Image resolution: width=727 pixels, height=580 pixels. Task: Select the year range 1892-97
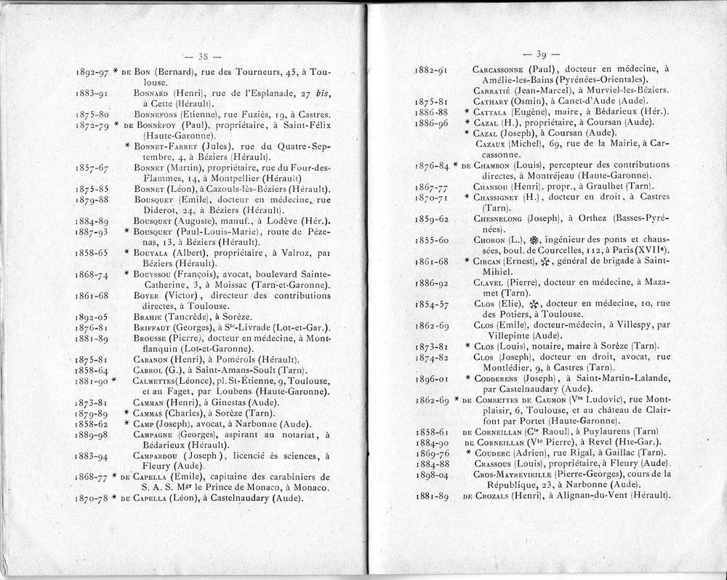click(x=92, y=73)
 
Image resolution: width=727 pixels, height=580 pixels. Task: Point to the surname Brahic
click(x=150, y=317)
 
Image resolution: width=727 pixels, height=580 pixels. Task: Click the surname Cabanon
click(x=153, y=359)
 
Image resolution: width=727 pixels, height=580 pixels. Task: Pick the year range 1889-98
click(x=92, y=435)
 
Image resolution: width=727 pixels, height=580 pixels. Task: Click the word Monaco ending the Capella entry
click(x=310, y=488)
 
